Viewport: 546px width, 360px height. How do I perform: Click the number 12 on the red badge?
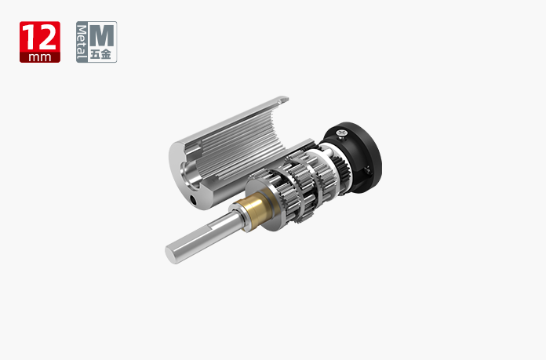point(41,37)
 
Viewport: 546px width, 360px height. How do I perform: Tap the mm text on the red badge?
point(40,57)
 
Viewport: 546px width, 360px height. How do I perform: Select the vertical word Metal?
point(82,42)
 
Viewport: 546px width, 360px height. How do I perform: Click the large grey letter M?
point(102,35)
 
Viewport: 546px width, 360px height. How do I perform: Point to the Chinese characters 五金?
point(100,54)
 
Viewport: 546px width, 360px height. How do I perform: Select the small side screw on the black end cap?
point(367,170)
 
